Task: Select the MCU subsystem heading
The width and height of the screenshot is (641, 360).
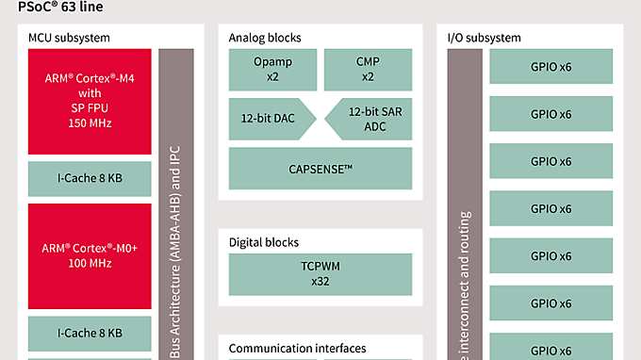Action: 69,38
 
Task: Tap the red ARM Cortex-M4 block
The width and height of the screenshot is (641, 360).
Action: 90,102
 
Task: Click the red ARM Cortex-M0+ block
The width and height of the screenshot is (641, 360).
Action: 90,255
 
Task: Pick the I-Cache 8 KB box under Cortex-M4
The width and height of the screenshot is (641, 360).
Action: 90,178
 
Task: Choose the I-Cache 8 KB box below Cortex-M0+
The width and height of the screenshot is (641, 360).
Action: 90,332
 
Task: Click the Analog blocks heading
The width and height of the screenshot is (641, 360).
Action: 265,38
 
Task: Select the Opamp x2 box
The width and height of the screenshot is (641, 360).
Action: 272,70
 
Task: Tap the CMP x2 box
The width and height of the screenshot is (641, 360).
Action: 368,70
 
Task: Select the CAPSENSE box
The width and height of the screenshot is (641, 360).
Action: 320,168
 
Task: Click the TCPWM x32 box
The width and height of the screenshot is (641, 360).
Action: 320,273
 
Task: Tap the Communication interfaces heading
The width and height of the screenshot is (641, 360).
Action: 297,349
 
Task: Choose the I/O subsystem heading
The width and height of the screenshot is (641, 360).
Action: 484,38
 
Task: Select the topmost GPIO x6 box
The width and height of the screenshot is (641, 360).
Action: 551,67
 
